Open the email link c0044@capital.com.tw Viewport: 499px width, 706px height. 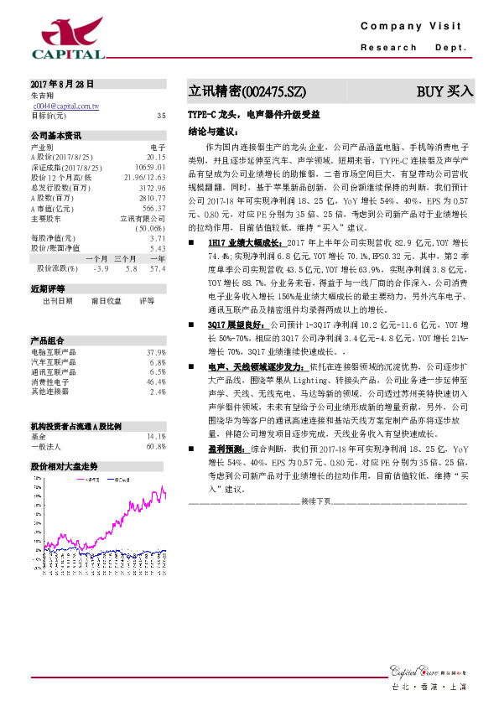[66, 106]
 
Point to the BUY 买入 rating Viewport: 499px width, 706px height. [445, 91]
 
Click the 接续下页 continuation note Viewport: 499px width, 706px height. [317, 501]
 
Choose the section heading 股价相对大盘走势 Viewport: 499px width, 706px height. [64, 465]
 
